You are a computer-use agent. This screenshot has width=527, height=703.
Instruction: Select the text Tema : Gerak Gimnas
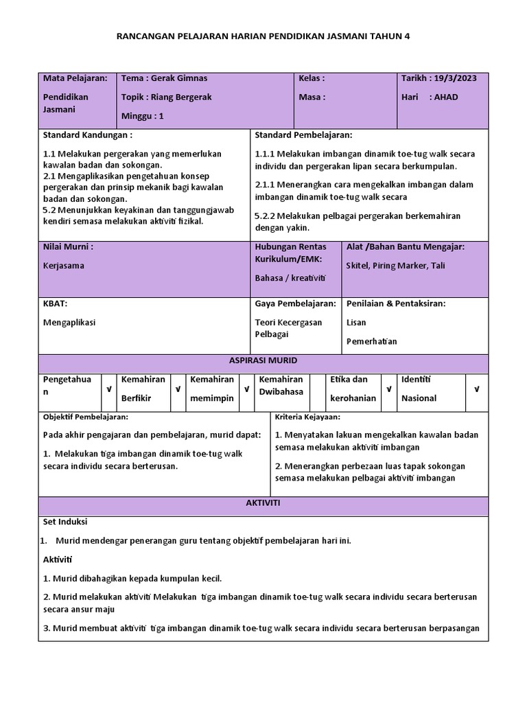(164, 78)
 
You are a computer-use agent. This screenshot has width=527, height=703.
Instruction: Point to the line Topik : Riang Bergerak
(166, 97)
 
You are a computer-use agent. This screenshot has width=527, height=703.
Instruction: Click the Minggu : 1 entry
(143, 116)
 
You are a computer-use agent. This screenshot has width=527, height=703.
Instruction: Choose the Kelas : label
(312, 78)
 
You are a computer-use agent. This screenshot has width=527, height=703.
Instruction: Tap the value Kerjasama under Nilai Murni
(63, 266)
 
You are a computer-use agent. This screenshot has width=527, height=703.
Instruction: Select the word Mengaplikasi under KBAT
(69, 322)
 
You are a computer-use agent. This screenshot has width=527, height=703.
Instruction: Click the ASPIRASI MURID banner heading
(263, 360)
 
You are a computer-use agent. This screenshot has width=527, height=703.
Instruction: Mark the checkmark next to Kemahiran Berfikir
(178, 389)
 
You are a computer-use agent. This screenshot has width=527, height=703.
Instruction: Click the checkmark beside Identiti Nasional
(476, 389)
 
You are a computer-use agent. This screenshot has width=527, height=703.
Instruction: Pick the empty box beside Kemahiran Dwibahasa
(316, 389)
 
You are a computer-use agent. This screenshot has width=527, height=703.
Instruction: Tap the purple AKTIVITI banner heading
(263, 503)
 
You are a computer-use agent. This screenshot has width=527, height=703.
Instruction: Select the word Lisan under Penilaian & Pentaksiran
(356, 322)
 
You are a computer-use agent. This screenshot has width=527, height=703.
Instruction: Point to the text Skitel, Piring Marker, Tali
(395, 266)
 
